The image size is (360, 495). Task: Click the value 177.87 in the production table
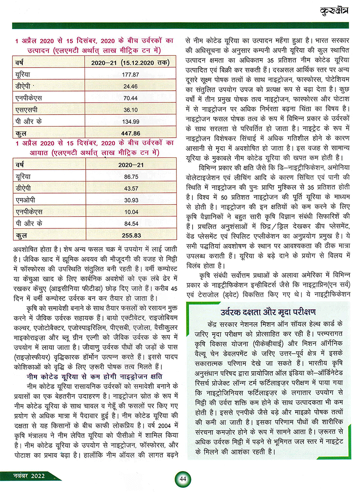[130, 75]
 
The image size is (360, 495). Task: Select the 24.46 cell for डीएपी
[130, 86]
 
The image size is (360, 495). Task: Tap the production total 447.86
[131, 133]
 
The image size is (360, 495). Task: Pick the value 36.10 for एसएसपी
[130, 110]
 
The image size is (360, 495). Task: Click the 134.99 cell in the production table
[131, 122]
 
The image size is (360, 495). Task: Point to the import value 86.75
[131, 177]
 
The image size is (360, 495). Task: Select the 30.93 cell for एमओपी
[131, 200]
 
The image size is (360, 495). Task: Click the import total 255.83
[131, 235]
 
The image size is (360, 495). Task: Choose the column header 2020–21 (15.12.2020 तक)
[130, 63]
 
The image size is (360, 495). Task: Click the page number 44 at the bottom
[183, 479]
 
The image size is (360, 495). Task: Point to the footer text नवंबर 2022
[29, 476]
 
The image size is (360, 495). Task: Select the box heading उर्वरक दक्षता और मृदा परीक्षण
[268, 312]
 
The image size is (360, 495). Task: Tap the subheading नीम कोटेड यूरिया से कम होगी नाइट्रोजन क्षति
[94, 376]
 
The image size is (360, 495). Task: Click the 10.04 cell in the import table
[131, 212]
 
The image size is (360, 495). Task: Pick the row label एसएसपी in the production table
[26, 110]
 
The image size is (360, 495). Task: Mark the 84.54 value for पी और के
[131, 224]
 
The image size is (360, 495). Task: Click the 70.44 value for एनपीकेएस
[130, 98]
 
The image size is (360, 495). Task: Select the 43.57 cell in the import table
[131, 188]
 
